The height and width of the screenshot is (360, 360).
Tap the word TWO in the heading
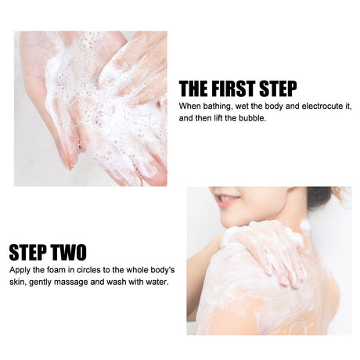point(67,253)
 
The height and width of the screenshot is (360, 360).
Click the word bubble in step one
point(251,118)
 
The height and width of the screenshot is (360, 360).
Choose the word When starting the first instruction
point(190,106)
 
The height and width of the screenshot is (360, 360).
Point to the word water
point(155,282)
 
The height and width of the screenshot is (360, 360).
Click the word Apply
point(20,269)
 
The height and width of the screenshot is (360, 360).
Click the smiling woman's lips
point(227,202)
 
